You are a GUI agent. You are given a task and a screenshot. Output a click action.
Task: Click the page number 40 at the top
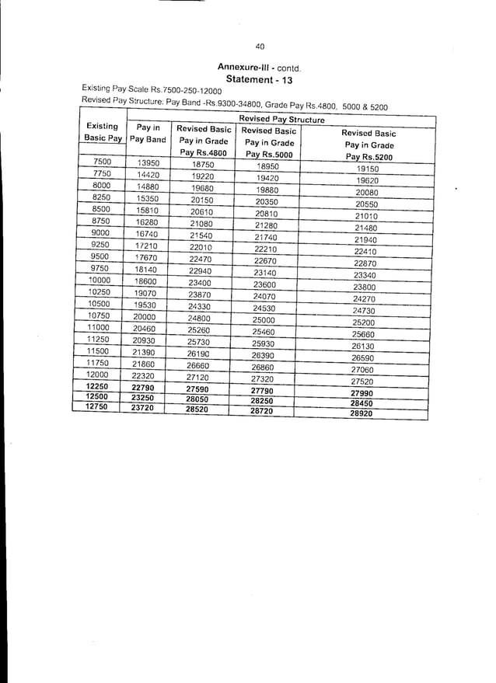click(260, 46)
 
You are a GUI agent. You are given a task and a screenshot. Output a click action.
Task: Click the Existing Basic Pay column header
click(103, 132)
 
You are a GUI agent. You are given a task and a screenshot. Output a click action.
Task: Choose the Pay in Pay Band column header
click(148, 133)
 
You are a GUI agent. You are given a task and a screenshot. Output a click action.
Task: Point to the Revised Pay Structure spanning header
click(281, 119)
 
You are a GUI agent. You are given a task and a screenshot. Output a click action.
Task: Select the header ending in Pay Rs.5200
click(370, 145)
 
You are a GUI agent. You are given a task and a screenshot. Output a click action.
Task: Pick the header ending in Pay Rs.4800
click(204, 141)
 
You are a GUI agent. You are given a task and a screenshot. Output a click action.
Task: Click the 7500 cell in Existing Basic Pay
click(102, 162)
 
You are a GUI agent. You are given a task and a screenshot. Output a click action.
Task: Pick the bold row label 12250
click(97, 385)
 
